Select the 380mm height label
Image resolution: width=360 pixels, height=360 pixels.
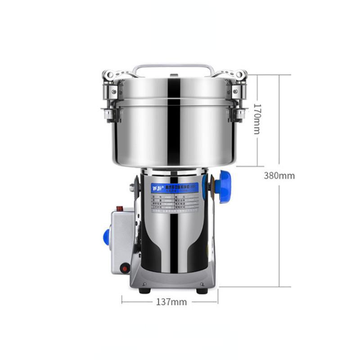[x=279, y=175]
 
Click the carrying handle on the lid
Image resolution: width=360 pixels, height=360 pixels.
[x=172, y=67]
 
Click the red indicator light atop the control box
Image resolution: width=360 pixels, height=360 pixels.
[x=120, y=209]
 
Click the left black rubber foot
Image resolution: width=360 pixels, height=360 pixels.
[x=144, y=290]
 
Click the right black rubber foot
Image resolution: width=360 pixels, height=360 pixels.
[x=202, y=290]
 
